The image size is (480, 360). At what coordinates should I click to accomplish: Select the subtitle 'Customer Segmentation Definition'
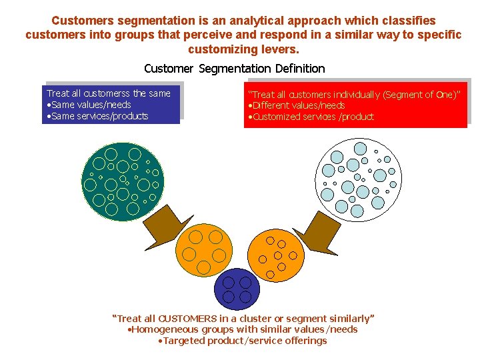tap(235, 68)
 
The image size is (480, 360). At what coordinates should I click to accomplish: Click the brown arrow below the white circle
tap(319, 233)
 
